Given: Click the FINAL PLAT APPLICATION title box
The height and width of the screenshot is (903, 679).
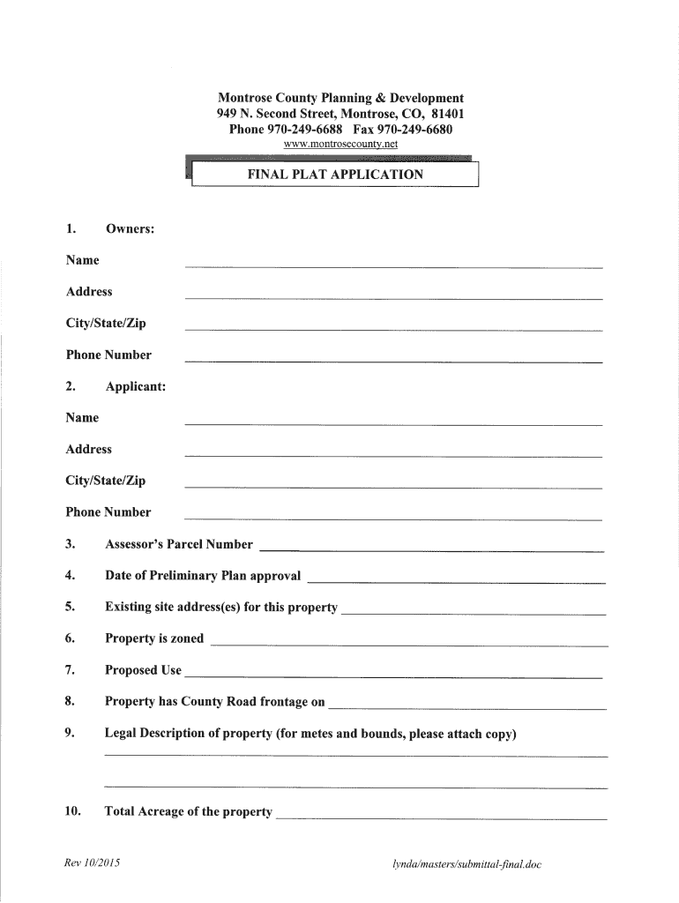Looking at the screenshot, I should click(334, 175).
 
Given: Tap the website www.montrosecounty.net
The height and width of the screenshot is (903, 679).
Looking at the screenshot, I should click(340, 143).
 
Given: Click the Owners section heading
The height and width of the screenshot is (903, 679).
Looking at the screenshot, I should click(131, 228).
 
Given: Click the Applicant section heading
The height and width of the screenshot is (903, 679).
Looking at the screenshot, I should click(135, 386).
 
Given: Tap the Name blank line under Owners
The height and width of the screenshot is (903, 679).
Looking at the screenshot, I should click(392, 265).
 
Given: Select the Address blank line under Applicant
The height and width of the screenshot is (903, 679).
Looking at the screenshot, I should click(392, 454).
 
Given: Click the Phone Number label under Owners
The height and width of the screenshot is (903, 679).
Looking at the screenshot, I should click(108, 354).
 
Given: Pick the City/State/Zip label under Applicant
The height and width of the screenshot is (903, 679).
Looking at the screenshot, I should click(106, 481).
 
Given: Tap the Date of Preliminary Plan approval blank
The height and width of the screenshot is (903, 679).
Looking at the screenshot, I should click(455, 581).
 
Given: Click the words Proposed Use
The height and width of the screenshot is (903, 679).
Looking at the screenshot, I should click(143, 670).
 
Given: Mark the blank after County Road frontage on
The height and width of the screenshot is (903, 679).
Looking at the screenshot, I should click(467, 707).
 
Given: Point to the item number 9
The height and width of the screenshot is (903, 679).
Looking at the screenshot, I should click(70, 734).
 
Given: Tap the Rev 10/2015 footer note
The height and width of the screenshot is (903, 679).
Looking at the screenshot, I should click(93, 864).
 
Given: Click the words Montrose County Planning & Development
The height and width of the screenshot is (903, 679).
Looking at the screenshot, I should click(340, 98).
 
